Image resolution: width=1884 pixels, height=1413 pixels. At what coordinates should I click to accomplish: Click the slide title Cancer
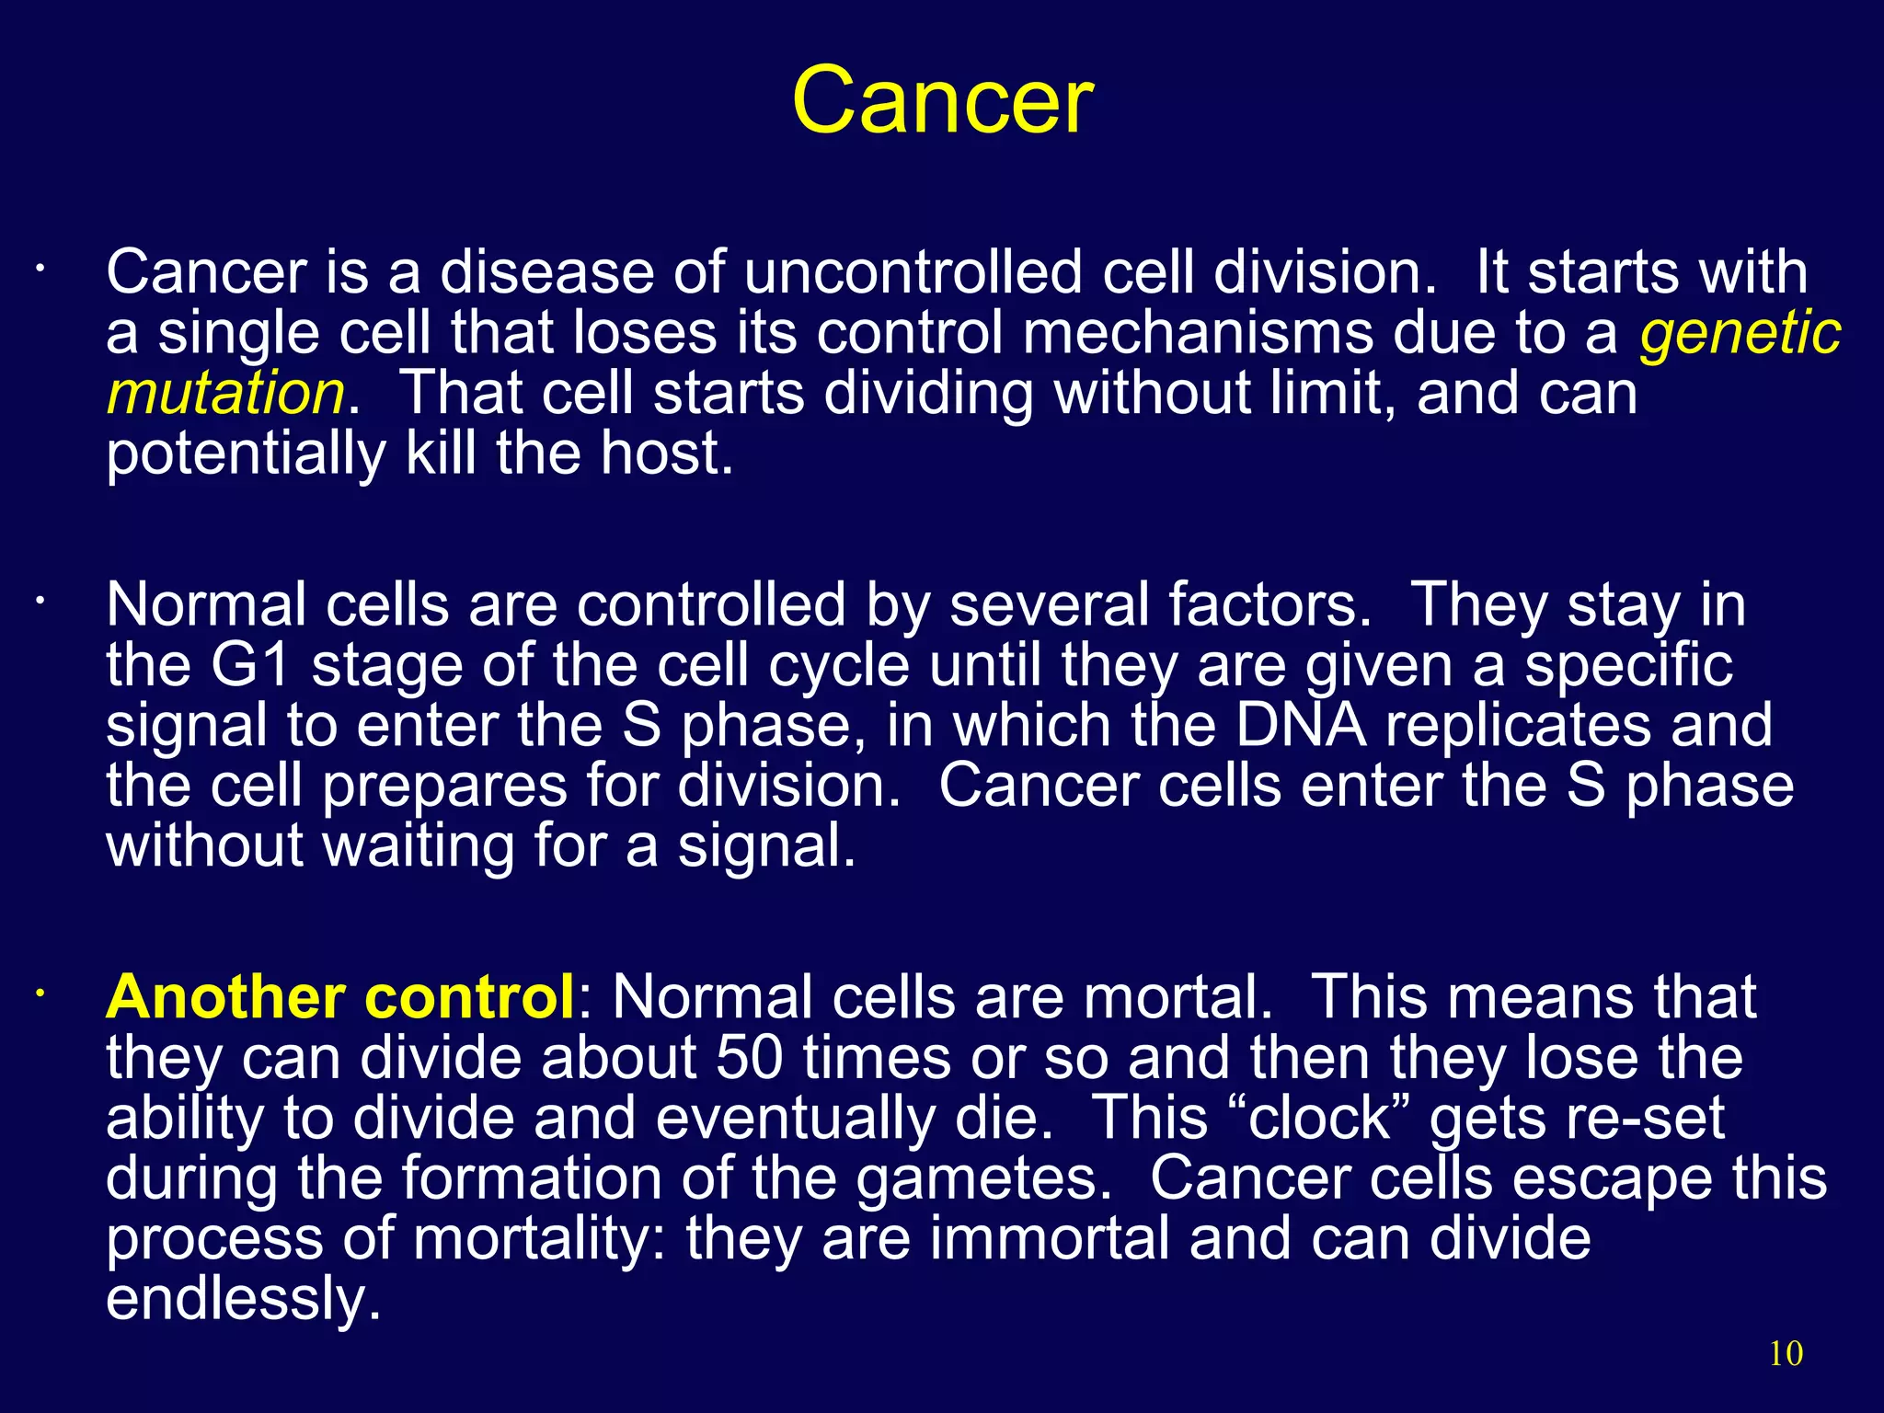(x=942, y=101)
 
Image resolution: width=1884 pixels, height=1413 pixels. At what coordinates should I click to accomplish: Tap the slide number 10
(x=1786, y=1353)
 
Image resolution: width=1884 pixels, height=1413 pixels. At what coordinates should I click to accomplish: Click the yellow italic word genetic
(x=1740, y=333)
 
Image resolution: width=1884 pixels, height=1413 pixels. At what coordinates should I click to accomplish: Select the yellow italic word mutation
(x=225, y=394)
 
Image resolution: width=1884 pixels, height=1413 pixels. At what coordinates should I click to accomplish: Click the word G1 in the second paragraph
(x=250, y=665)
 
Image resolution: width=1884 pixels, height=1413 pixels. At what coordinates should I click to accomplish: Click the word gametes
(x=983, y=1179)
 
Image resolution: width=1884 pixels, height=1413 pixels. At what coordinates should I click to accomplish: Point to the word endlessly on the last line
(x=243, y=1299)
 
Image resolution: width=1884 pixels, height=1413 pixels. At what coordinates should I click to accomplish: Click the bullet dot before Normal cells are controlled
(x=40, y=603)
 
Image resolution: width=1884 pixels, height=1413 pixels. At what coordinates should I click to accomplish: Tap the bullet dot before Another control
(x=40, y=994)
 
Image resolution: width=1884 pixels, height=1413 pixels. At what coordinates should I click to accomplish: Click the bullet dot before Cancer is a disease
(x=40, y=270)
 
